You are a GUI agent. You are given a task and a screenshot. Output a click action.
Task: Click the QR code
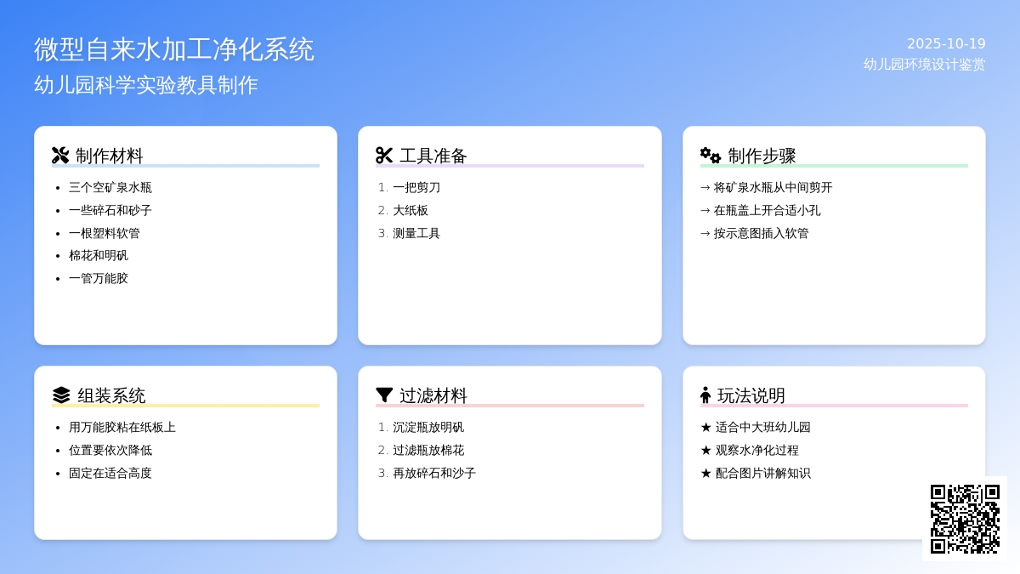(965, 519)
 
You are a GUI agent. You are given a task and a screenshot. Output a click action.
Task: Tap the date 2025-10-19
(946, 43)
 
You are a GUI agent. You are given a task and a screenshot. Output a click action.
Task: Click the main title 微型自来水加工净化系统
(174, 49)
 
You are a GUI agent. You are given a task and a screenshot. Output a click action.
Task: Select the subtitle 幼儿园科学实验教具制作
(146, 85)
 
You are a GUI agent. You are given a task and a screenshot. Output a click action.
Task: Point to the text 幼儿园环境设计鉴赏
(925, 65)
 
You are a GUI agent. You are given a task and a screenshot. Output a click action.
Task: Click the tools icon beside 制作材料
(60, 156)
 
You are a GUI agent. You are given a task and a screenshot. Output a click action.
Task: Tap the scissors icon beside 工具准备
(384, 156)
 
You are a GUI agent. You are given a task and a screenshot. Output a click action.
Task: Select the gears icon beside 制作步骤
(711, 156)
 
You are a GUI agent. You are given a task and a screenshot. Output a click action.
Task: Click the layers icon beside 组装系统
(61, 395)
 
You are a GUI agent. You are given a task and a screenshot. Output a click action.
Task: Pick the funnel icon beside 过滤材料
(384, 395)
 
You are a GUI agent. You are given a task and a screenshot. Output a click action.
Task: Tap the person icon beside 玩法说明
(705, 395)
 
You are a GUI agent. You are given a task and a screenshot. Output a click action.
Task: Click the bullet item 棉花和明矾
(99, 256)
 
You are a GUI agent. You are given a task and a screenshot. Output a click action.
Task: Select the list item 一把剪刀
(416, 188)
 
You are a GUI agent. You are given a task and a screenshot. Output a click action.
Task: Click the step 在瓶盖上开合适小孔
(767, 211)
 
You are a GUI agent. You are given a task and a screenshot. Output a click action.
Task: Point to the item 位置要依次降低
(110, 450)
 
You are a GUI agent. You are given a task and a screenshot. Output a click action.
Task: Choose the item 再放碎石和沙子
(434, 474)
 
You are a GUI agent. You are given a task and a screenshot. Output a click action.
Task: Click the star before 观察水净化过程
(705, 451)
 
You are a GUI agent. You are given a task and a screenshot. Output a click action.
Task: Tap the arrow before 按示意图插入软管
(705, 234)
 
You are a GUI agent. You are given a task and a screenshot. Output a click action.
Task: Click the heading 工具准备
(433, 156)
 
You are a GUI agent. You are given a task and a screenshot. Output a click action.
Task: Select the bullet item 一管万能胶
(99, 278)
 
